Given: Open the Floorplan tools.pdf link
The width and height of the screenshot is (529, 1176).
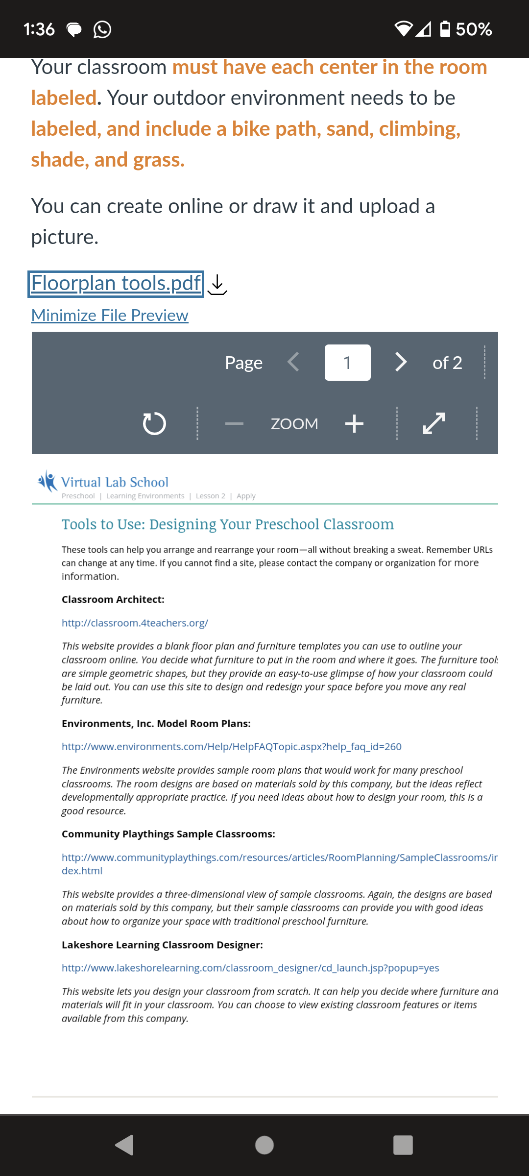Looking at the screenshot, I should pyautogui.click(x=116, y=284).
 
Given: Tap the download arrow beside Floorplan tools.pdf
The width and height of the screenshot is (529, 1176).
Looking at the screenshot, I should pyautogui.click(x=217, y=285).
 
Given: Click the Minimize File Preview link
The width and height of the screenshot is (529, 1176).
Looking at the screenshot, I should pyautogui.click(x=110, y=316).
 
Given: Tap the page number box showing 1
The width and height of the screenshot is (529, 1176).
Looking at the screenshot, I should pyautogui.click(x=347, y=363).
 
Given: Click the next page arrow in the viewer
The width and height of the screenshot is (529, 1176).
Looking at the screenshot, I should pyautogui.click(x=401, y=363).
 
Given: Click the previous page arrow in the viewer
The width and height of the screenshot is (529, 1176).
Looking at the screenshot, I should pyautogui.click(x=293, y=363).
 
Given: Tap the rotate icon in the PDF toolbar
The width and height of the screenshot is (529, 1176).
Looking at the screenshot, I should pyautogui.click(x=154, y=423).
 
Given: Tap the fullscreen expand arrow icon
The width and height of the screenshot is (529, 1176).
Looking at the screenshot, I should pyautogui.click(x=434, y=423).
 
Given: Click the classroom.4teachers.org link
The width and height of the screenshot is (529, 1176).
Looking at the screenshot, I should pyautogui.click(x=135, y=623).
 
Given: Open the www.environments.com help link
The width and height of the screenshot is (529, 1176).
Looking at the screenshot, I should pyautogui.click(x=231, y=747).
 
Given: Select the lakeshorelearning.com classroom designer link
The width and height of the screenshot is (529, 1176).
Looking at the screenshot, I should pyautogui.click(x=250, y=968).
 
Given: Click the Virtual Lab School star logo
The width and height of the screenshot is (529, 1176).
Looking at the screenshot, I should pyautogui.click(x=48, y=481).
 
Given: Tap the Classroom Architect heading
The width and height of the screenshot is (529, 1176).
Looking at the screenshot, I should pyautogui.click(x=113, y=599).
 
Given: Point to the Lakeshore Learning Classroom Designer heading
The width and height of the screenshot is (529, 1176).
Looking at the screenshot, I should pyautogui.click(x=162, y=945).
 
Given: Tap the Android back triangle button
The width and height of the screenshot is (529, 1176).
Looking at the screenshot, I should pyautogui.click(x=125, y=1145).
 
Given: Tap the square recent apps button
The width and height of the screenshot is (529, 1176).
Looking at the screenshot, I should pyautogui.click(x=403, y=1145).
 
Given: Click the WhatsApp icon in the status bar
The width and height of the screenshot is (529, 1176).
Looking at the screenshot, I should pyautogui.click(x=102, y=29).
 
